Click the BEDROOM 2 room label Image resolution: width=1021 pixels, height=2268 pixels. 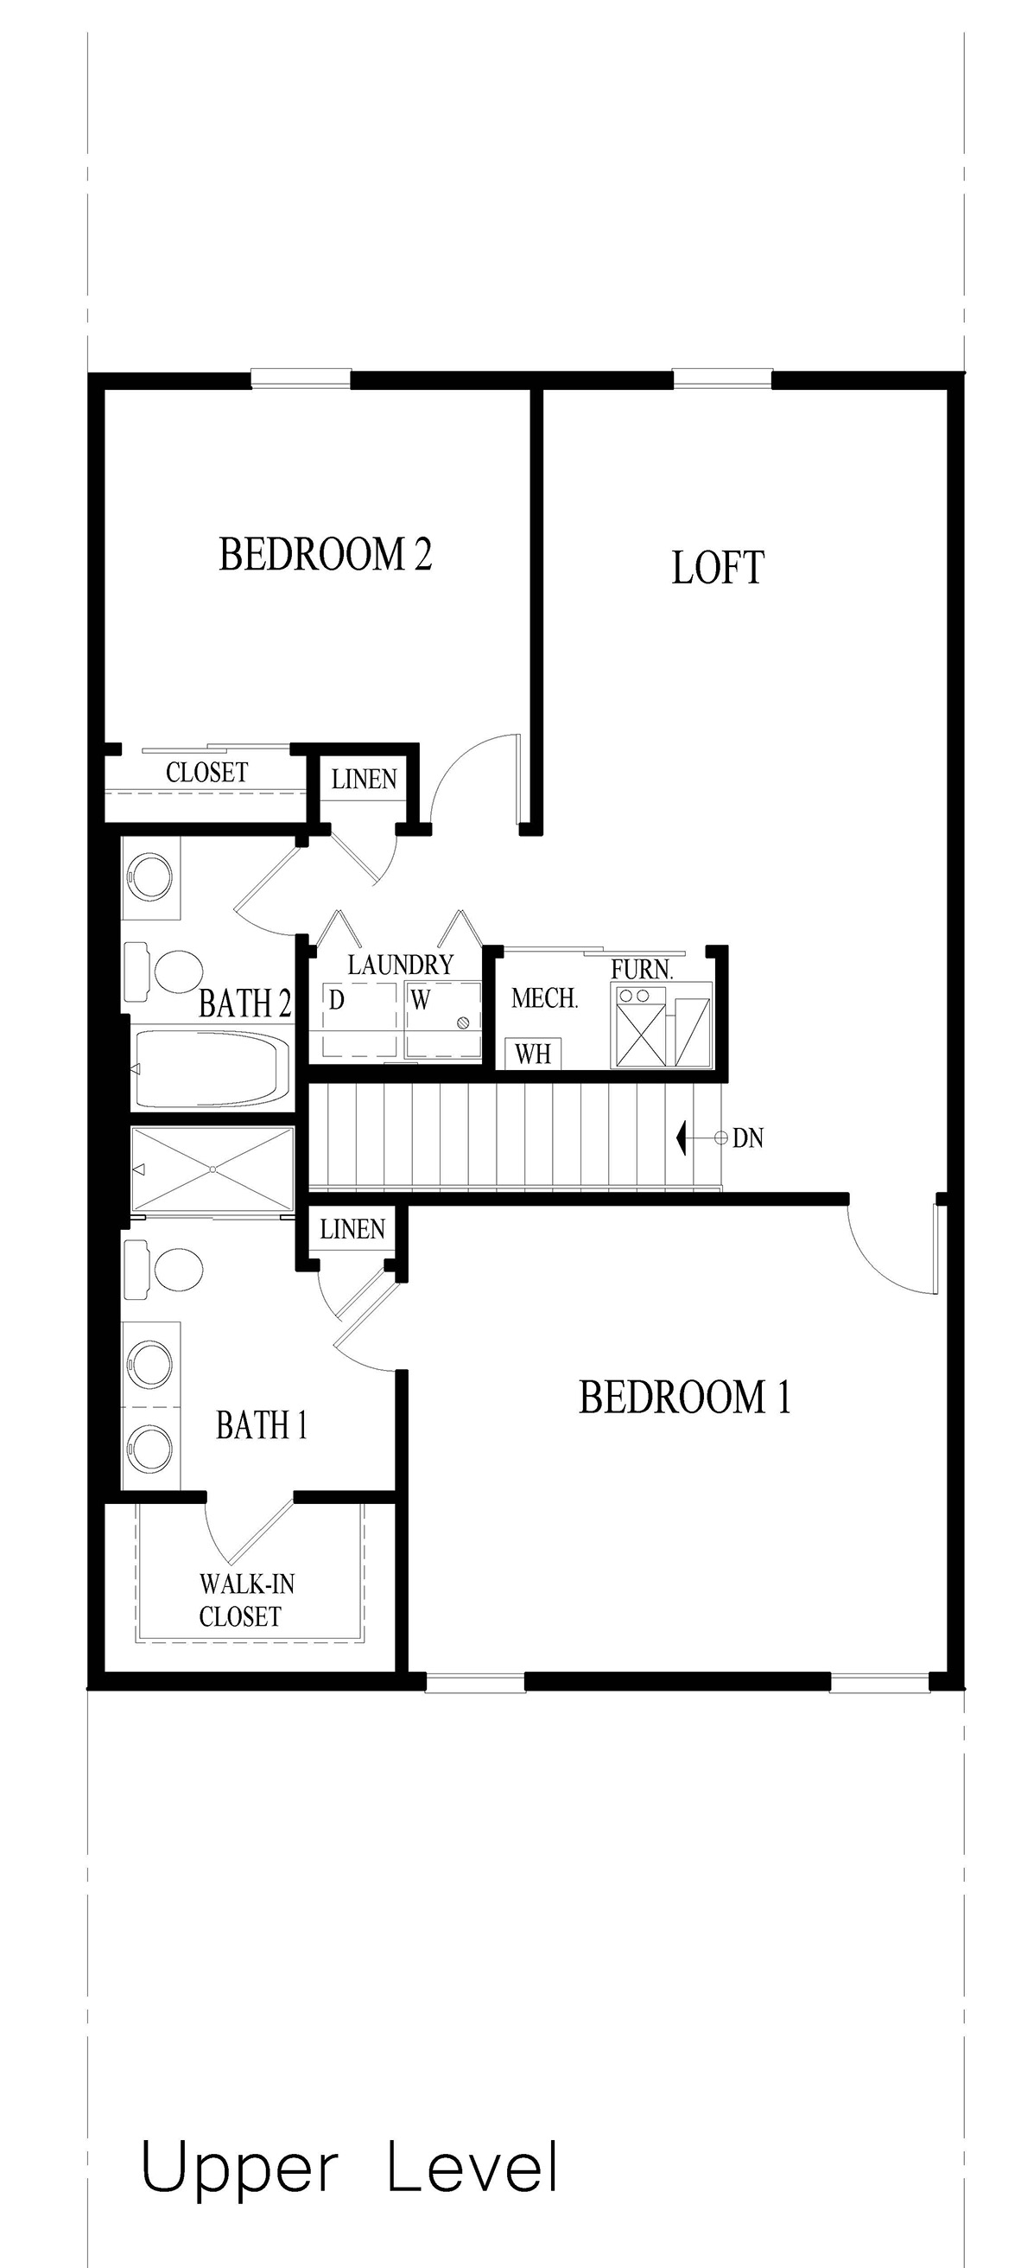click(x=325, y=555)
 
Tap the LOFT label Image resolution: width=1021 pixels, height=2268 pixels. click(x=717, y=568)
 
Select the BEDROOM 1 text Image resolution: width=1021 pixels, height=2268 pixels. click(x=684, y=1398)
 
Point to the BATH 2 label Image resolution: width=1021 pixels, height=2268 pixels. click(x=244, y=1003)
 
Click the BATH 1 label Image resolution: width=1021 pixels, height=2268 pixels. click(x=262, y=1425)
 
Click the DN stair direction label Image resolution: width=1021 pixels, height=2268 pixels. click(x=747, y=1138)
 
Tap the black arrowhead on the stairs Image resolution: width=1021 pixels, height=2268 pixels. click(x=682, y=1138)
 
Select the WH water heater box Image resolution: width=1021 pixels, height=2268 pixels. click(x=533, y=1054)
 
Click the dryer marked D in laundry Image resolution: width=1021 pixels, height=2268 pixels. click(x=358, y=1019)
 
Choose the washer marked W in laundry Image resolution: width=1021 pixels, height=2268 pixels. click(x=443, y=1019)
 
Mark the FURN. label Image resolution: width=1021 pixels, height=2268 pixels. click(x=642, y=970)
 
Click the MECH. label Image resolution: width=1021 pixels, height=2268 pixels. click(x=544, y=998)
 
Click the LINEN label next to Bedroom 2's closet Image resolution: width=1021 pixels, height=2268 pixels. click(x=364, y=779)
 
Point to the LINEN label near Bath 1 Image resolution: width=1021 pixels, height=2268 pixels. click(x=352, y=1229)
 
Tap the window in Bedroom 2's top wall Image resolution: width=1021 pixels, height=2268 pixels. click(x=300, y=379)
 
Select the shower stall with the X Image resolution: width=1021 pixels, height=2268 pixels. click(x=212, y=1169)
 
